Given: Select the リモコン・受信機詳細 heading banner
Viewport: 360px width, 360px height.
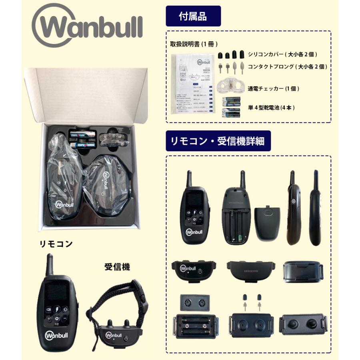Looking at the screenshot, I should click(218, 140).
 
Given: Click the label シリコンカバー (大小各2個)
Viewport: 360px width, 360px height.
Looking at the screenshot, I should click(284, 54).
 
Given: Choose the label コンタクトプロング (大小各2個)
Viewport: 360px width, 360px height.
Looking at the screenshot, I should click(287, 66).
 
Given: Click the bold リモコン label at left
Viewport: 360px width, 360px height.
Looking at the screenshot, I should click(56, 244).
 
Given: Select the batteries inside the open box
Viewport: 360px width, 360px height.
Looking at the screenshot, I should click(82, 138).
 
